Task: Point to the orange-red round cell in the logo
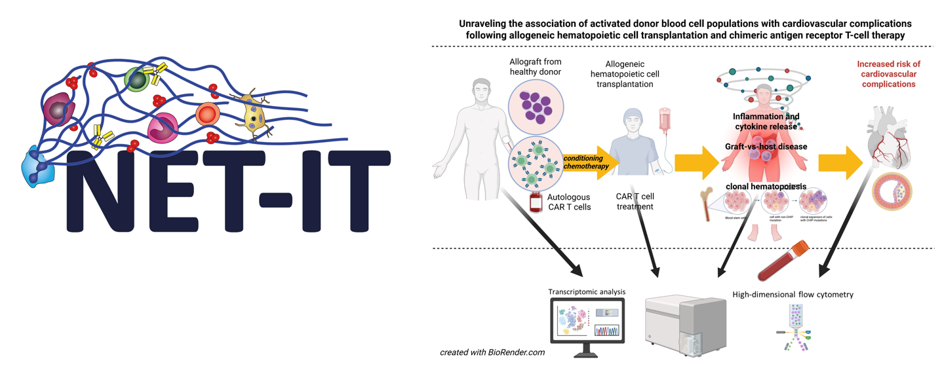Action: pyautogui.click(x=208, y=115)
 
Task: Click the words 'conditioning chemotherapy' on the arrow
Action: pyautogui.click(x=586, y=162)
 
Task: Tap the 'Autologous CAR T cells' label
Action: pyautogui.click(x=568, y=202)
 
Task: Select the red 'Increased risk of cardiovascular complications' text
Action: pyautogui.click(x=888, y=74)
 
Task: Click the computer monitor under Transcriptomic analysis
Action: pyautogui.click(x=587, y=322)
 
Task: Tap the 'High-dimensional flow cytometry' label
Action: pyautogui.click(x=793, y=295)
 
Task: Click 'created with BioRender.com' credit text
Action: pyautogui.click(x=492, y=352)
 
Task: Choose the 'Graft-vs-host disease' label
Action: pyautogui.click(x=766, y=147)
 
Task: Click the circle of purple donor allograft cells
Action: pyautogui.click(x=536, y=107)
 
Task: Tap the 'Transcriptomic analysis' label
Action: pyautogui.click(x=587, y=291)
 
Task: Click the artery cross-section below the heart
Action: pyautogui.click(x=892, y=191)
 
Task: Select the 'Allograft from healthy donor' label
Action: pyautogui.click(x=535, y=66)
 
